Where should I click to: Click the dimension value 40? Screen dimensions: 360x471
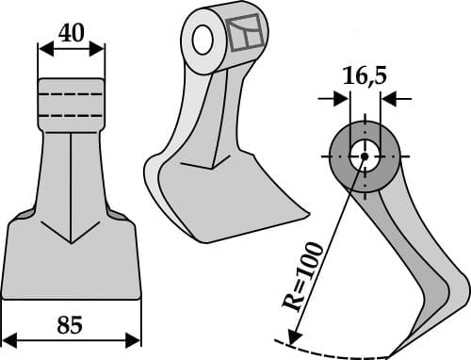click(x=71, y=33)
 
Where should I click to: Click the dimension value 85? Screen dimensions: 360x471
click(x=69, y=325)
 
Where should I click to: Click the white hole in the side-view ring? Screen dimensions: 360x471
click(x=361, y=155)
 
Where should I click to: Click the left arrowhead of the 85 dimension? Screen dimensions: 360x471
click(x=8, y=336)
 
